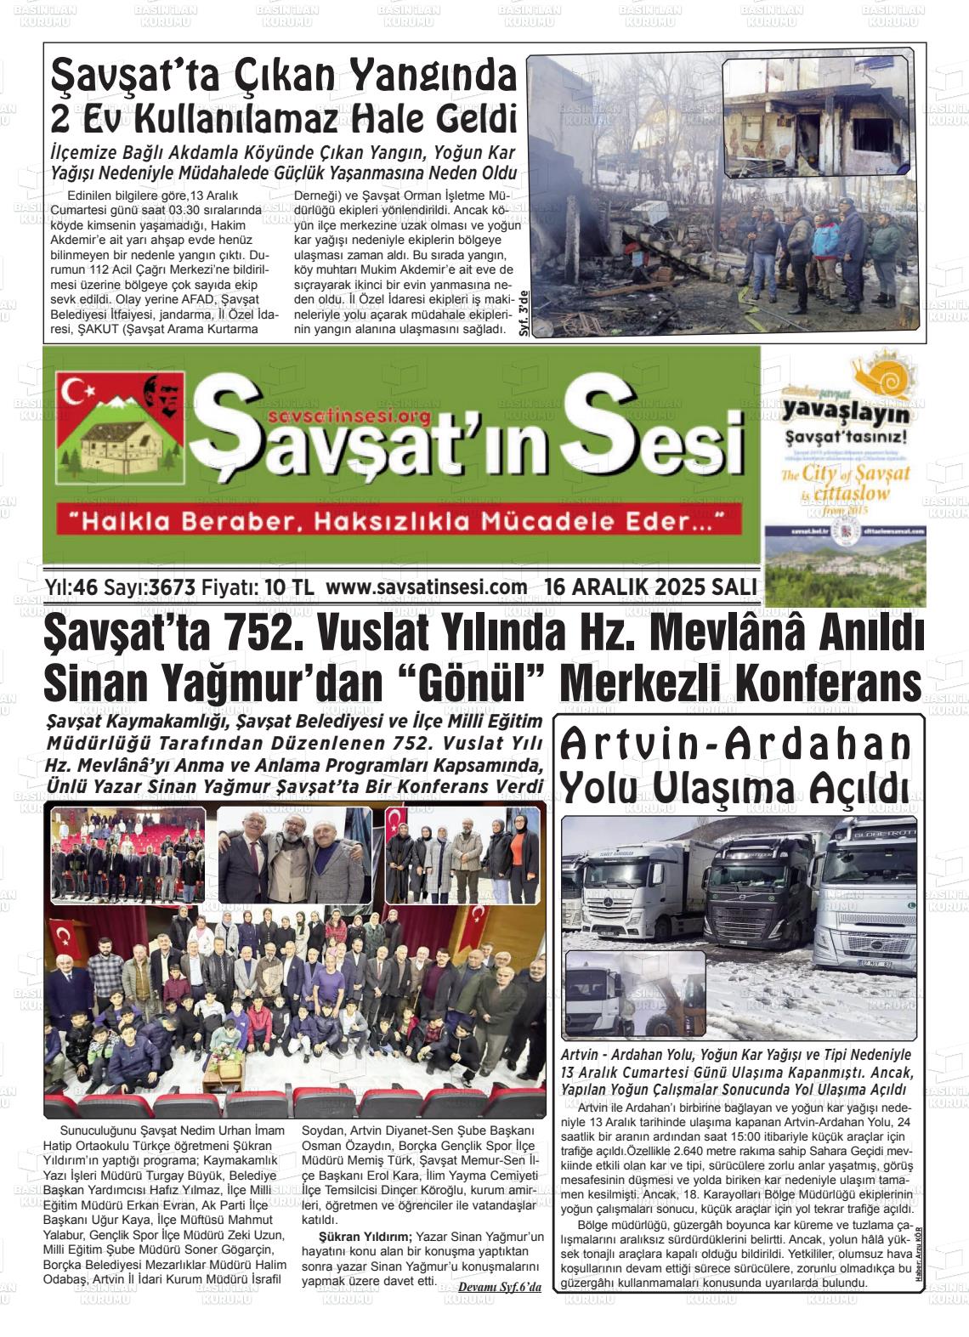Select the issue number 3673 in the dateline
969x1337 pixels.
173,587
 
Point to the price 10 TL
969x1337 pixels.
289,587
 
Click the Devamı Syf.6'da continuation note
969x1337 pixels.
499,1287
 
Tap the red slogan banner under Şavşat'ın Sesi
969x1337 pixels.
398,520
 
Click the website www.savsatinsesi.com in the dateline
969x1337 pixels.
426,587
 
